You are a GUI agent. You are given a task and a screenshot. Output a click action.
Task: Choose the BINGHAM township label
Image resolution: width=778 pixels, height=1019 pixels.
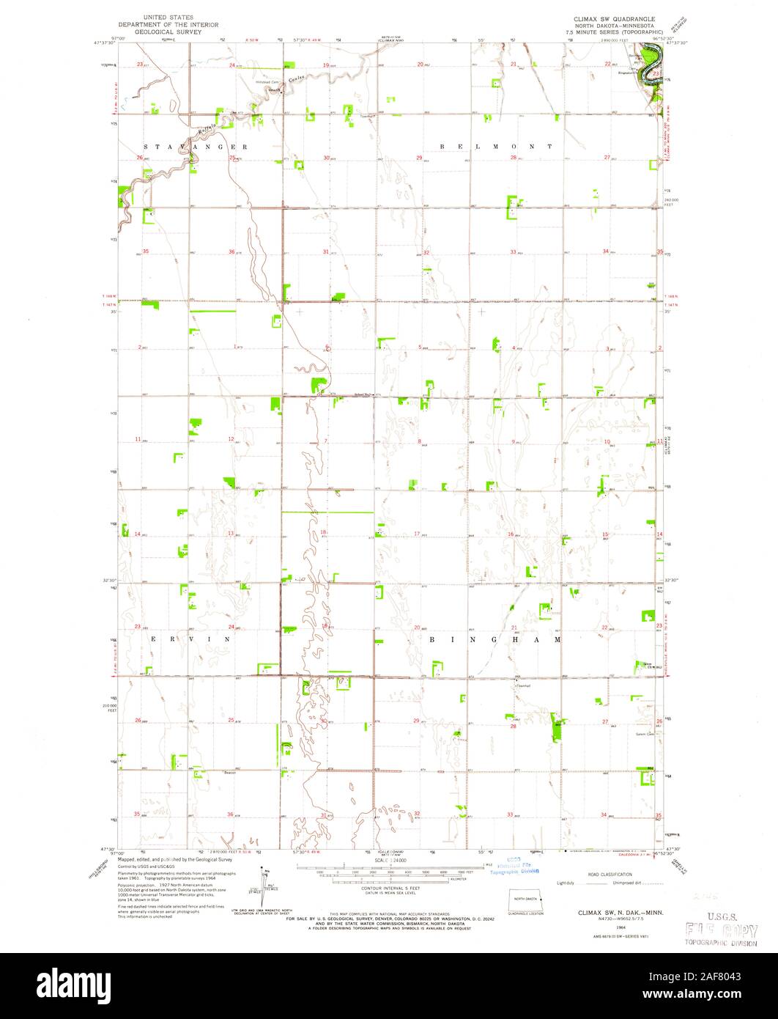[x=495, y=639]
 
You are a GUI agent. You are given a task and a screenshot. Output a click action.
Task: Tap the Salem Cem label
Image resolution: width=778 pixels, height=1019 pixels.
[x=645, y=735]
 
